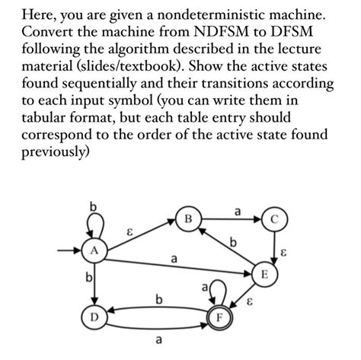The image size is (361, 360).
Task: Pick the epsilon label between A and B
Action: pos(132,225)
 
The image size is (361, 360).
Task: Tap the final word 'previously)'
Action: pos(56,152)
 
